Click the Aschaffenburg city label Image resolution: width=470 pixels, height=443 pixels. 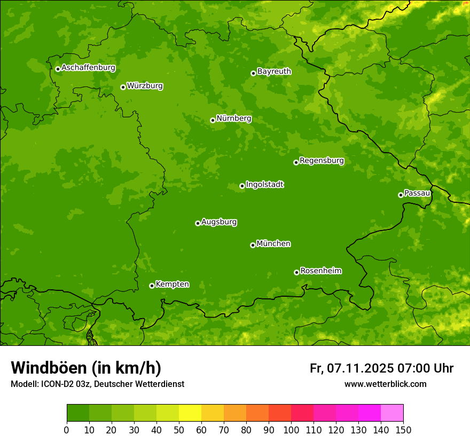[x=88, y=68]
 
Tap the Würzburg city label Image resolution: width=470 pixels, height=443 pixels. [x=145, y=86]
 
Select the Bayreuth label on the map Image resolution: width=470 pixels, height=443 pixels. [x=274, y=72]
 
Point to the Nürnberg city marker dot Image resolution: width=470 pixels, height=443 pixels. [x=213, y=120]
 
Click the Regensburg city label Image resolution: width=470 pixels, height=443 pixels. [x=322, y=161]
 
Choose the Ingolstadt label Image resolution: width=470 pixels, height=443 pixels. [x=264, y=185]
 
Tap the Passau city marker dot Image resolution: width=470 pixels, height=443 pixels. [x=401, y=195]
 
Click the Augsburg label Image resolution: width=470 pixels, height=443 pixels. [x=219, y=222]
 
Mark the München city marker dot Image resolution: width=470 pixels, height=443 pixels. [x=253, y=245]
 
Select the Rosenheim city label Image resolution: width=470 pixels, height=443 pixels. [x=320, y=271]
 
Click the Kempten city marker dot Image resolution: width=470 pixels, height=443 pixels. [x=152, y=286]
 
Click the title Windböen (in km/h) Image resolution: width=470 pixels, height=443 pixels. [x=86, y=368]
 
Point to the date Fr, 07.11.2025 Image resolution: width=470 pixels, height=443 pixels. [x=351, y=368]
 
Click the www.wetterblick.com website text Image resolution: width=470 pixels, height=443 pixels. [x=385, y=384]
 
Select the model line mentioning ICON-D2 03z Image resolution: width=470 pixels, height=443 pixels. [x=97, y=384]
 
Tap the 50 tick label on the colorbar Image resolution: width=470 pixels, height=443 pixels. [x=179, y=430]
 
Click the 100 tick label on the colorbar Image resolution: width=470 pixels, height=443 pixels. [x=291, y=430]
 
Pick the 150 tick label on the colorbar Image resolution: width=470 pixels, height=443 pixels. [x=403, y=430]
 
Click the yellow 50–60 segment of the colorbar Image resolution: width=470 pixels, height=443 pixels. [x=190, y=413]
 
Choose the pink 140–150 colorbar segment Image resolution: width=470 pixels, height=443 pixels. [x=392, y=413]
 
